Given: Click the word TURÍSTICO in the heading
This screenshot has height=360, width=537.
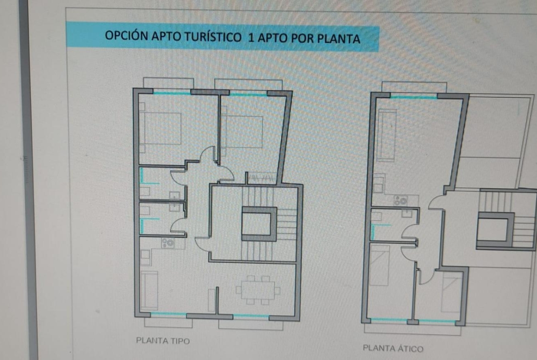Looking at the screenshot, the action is (213, 37).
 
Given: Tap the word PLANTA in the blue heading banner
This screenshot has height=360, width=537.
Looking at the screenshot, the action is (338, 39).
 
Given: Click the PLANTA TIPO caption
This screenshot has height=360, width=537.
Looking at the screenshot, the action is (162, 341).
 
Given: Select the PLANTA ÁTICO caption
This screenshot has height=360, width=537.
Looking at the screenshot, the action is (393, 349).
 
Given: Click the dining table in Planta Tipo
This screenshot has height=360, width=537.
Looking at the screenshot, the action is (258, 290).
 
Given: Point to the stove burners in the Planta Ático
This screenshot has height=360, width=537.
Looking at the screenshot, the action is (400, 200).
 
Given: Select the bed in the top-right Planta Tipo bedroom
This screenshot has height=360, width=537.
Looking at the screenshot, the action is (242, 132).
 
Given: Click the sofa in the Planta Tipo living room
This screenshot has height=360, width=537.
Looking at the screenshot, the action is (149, 290).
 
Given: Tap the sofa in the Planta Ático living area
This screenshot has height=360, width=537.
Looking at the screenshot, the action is (387, 135).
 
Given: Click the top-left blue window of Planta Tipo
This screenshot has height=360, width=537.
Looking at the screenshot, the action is (172, 93).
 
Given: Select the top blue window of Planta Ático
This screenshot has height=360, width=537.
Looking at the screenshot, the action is (414, 97).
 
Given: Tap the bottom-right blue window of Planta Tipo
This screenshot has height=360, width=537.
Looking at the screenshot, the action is (251, 316).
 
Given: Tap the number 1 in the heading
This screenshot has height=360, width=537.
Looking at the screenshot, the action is (251, 38).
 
